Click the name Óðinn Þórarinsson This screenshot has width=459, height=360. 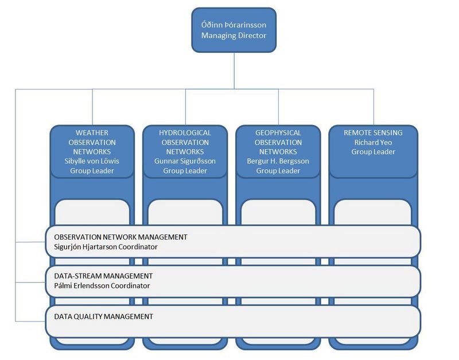(x=234, y=25)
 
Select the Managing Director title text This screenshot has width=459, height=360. (x=234, y=36)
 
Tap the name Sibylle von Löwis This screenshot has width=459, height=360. (x=92, y=161)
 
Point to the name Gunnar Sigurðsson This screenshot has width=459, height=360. (x=185, y=161)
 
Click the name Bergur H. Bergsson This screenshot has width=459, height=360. (x=278, y=161)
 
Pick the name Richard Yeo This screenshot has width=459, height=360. (x=374, y=142)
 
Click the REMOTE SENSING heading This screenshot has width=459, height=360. (x=374, y=133)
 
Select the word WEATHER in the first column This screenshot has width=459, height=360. (x=92, y=133)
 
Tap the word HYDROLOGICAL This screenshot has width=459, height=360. (x=185, y=133)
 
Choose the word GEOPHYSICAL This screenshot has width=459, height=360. (x=278, y=133)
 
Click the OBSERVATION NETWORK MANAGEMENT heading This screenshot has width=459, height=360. (x=120, y=237)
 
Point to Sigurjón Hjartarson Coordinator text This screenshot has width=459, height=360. (x=106, y=247)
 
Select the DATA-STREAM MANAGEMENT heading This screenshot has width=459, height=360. (x=103, y=276)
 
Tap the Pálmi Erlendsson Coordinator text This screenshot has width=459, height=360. (x=102, y=285)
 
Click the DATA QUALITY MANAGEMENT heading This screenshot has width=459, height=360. (x=104, y=316)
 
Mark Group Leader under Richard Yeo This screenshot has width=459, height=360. (x=374, y=152)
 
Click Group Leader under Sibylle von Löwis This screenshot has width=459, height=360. (x=92, y=171)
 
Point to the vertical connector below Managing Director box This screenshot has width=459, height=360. (x=234, y=71)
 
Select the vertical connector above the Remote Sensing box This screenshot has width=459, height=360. (x=374, y=107)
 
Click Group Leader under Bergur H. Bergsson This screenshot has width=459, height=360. (x=278, y=171)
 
